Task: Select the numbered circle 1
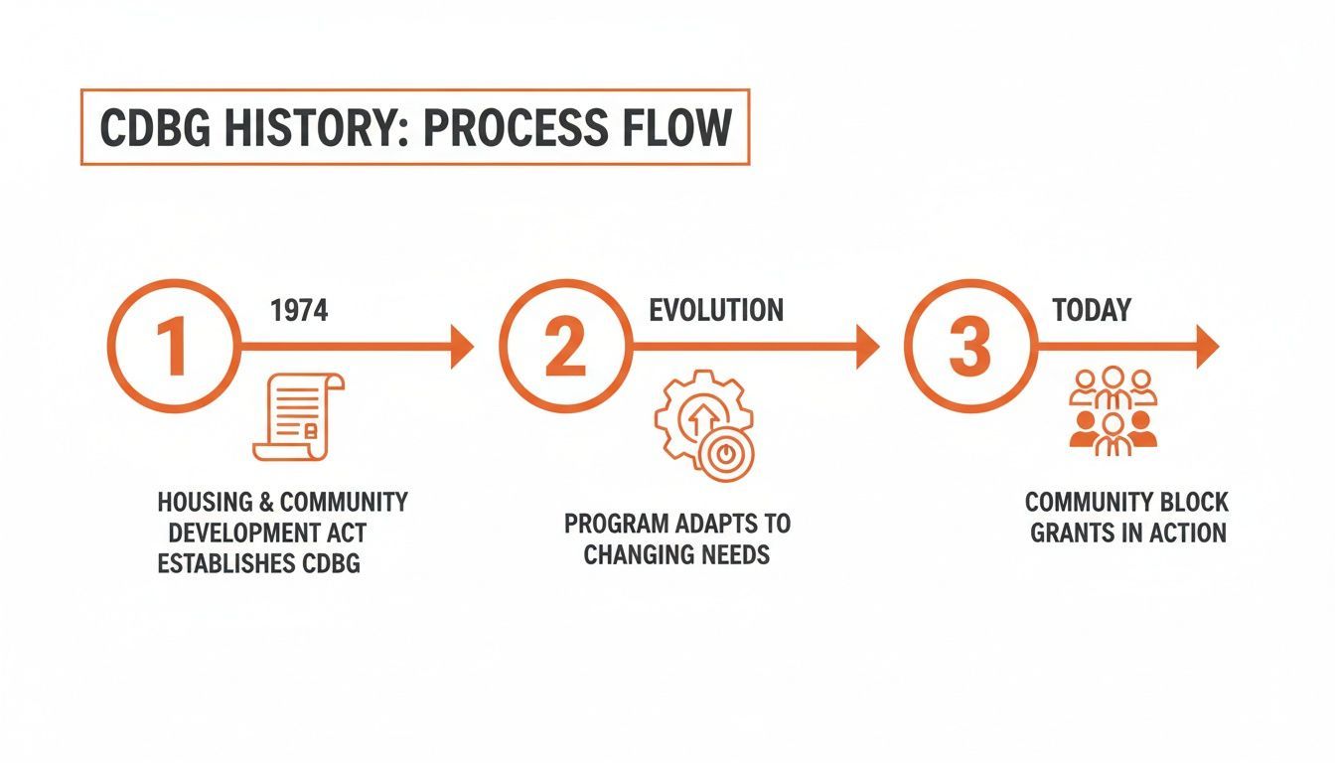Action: (x=174, y=346)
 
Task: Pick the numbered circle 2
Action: (x=565, y=346)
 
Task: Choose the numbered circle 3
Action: (x=970, y=346)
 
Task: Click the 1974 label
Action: (x=299, y=311)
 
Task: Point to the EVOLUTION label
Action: (x=716, y=311)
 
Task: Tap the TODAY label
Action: (x=1092, y=311)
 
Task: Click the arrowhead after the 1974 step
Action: (x=462, y=347)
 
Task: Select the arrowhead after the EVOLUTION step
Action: (x=868, y=347)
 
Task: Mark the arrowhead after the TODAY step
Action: (x=1208, y=347)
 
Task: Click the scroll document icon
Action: (x=299, y=416)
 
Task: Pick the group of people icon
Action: (x=1112, y=411)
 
